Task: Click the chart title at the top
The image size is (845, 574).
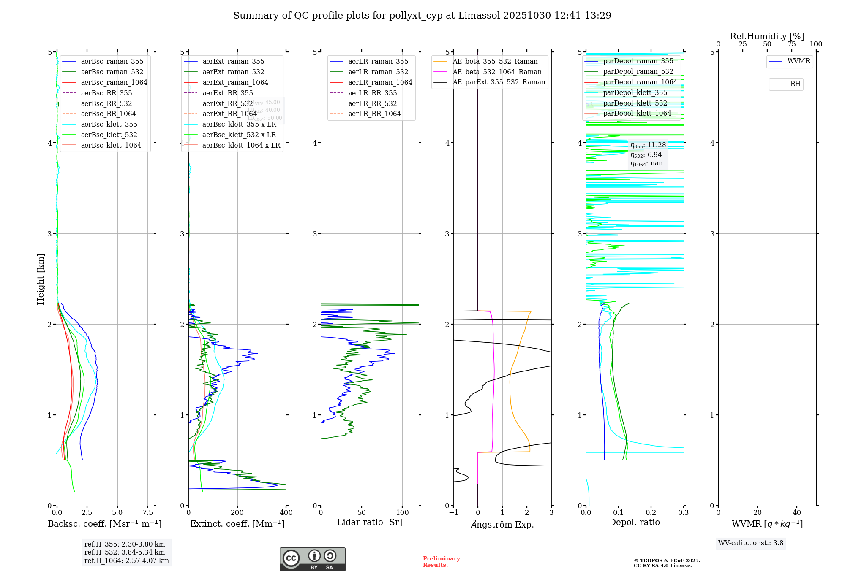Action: click(422, 16)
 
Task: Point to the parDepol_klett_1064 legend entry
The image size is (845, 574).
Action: click(637, 113)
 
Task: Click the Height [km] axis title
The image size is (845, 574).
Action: click(41, 279)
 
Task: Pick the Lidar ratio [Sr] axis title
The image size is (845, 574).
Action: click(370, 522)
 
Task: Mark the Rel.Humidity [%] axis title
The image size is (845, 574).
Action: click(767, 36)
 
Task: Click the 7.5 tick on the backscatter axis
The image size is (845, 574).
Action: click(147, 512)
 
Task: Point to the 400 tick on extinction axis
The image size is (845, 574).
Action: click(286, 512)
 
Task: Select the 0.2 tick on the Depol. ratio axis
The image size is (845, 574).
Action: click(651, 512)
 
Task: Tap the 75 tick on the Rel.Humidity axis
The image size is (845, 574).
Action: click(791, 44)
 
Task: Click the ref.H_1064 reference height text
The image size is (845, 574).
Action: click(126, 560)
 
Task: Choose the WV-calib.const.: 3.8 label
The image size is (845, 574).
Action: click(750, 543)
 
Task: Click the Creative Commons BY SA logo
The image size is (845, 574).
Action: click(312, 559)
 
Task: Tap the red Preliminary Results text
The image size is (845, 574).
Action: click(441, 561)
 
